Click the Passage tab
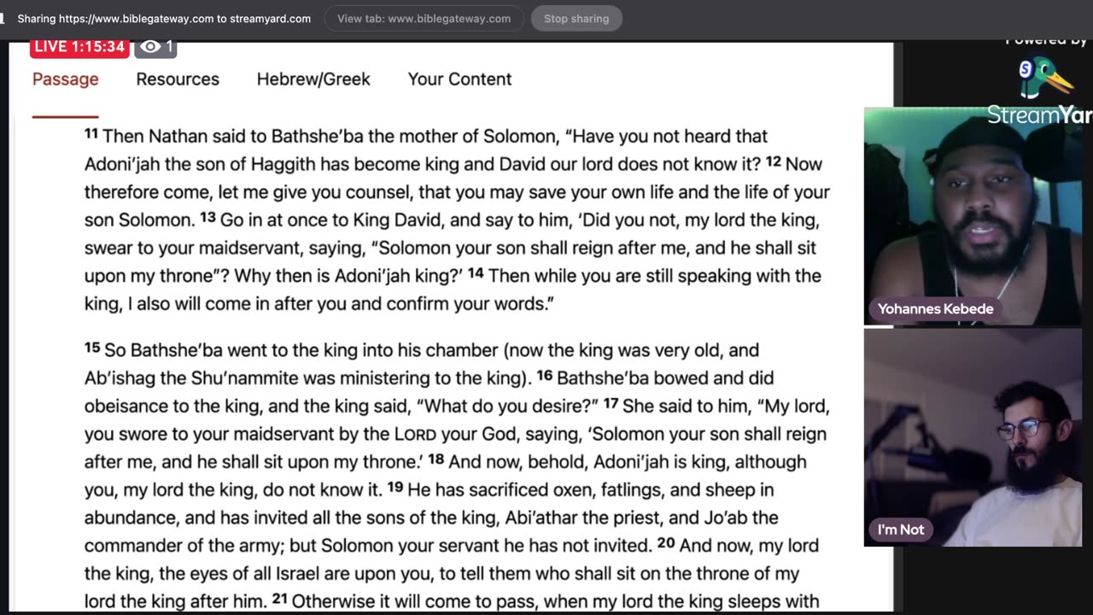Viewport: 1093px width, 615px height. click(65, 79)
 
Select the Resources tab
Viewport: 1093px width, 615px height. click(178, 79)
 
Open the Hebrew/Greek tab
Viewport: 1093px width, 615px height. click(313, 79)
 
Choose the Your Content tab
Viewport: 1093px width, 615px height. click(459, 79)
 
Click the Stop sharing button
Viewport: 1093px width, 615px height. click(576, 19)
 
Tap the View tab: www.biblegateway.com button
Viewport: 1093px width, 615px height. click(424, 19)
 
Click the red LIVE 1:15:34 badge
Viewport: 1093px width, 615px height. click(79, 47)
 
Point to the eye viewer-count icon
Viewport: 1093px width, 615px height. click(150, 47)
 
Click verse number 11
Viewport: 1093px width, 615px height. click(91, 134)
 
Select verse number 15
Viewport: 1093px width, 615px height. click(92, 348)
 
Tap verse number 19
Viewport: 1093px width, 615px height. click(395, 488)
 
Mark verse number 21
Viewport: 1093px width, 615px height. click(279, 600)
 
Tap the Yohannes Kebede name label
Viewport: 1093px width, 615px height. click(935, 309)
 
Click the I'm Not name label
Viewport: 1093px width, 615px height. click(900, 530)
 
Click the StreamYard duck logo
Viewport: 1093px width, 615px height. click(1044, 77)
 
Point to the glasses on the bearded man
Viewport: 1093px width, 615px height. click(1022, 428)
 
